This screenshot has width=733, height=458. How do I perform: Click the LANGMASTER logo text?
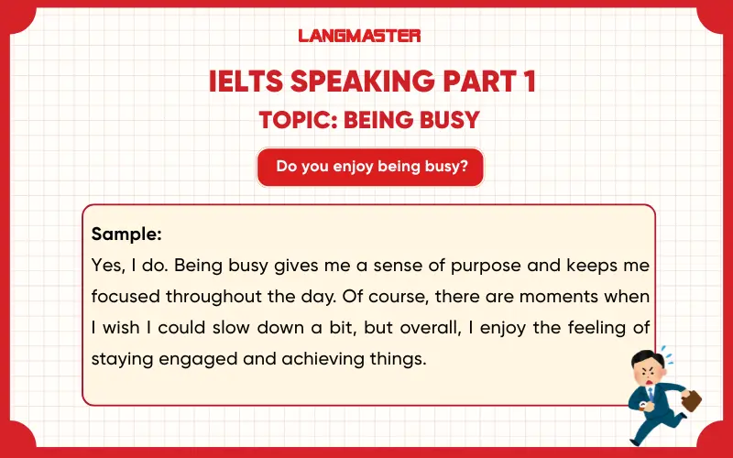pyautogui.click(x=360, y=36)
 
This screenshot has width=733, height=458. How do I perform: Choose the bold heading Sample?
pyautogui.click(x=126, y=234)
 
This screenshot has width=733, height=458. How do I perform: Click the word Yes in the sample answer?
pyautogui.click(x=107, y=266)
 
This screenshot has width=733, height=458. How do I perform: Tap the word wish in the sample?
pyautogui.click(x=126, y=328)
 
